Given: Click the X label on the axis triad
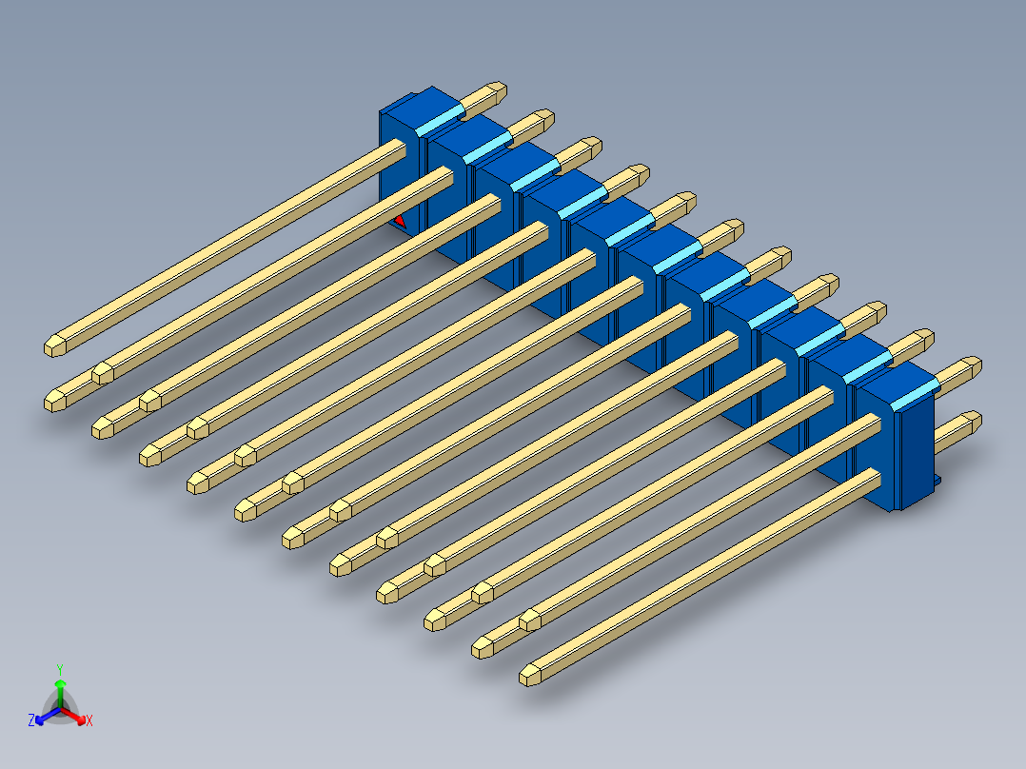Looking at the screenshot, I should click(x=89, y=721).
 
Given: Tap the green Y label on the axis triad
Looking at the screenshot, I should click(x=59, y=669).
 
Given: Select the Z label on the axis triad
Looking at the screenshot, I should click(x=31, y=721).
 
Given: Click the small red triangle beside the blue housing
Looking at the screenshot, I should click(x=400, y=221).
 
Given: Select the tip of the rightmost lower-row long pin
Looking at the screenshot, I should click(x=531, y=676).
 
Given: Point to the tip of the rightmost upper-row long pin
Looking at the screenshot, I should click(x=531, y=621).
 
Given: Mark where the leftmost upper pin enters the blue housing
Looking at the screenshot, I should click(x=399, y=148).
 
